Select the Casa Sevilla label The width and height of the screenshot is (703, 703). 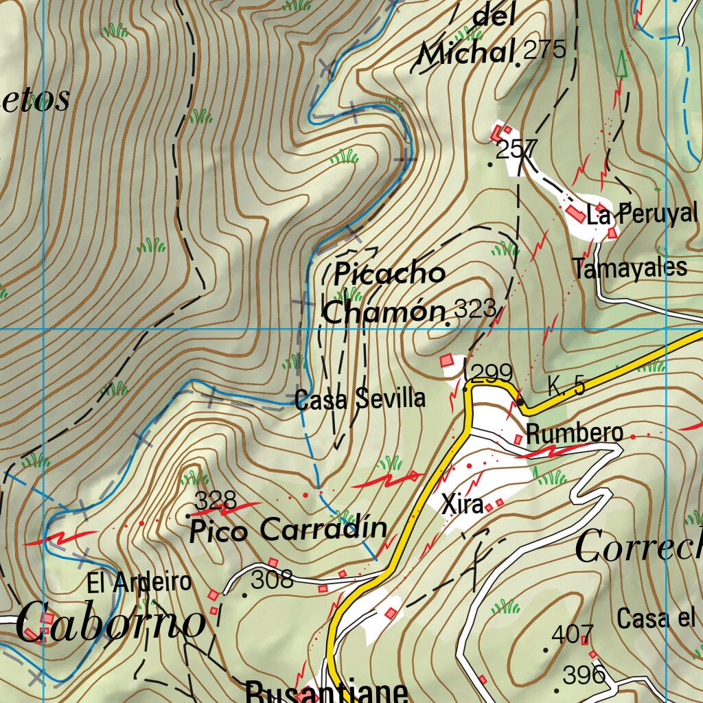[x=360, y=399]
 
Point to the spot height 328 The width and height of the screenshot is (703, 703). [x=216, y=498]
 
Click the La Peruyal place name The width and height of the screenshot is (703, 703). [x=642, y=214]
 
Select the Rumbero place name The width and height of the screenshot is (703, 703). [x=575, y=433]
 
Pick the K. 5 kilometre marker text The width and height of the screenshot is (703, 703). [x=566, y=387]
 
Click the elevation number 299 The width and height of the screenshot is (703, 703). [x=492, y=373]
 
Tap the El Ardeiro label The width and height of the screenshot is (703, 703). [x=139, y=583]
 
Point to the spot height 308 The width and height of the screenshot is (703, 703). [x=272, y=581]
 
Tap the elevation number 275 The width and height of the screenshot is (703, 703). [x=544, y=49]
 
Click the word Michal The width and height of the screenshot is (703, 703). [x=466, y=53]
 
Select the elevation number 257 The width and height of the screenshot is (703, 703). [x=516, y=149]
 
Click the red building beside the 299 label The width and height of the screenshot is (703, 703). [x=448, y=360]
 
